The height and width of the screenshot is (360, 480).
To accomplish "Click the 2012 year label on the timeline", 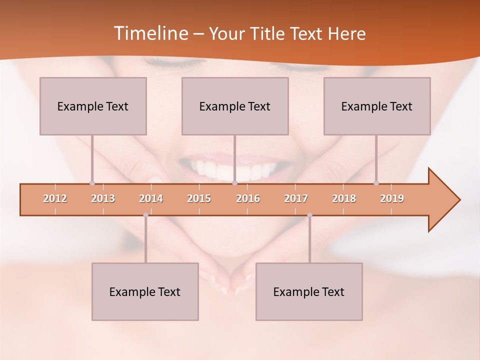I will click(x=55, y=198).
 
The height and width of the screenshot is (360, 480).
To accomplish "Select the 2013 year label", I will click(x=103, y=198).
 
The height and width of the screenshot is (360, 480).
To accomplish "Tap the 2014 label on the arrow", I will click(x=151, y=198).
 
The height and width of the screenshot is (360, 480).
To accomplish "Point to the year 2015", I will click(x=199, y=198).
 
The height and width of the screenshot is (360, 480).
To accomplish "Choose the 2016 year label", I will click(x=248, y=198).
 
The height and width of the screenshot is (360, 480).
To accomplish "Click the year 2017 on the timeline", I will click(x=296, y=198).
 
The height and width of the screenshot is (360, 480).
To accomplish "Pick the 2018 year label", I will click(x=344, y=198).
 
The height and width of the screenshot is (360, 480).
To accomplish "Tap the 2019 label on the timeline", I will click(x=392, y=198).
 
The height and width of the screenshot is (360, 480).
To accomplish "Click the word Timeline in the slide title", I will click(x=150, y=33).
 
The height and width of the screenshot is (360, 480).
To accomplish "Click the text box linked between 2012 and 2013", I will click(x=93, y=106).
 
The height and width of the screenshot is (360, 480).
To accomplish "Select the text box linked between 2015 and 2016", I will click(x=235, y=106).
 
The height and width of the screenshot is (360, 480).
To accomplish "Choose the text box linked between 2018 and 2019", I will click(x=377, y=106).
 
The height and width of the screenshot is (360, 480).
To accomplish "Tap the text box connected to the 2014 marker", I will click(x=145, y=291).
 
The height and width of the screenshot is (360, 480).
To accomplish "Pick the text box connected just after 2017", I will click(x=309, y=291).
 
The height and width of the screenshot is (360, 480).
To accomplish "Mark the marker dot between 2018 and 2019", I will click(x=376, y=183).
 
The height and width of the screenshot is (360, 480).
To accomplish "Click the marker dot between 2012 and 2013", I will click(x=92, y=183).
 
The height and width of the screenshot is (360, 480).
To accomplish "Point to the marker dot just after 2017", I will click(x=309, y=215).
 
